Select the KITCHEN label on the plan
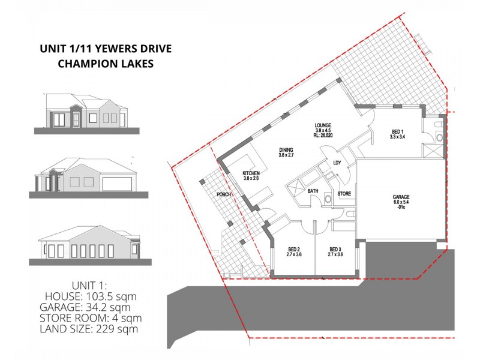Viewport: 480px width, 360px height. pos(251,173)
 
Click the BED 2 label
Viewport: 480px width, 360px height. pos(293,250)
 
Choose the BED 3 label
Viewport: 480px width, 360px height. pos(334,250)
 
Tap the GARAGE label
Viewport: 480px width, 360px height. pos(401,197)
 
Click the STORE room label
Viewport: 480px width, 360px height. pos(344,194)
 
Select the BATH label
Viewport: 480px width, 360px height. pos(313,191)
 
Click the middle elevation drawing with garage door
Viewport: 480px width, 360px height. pos(86,176)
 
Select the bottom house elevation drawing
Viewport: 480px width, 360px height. pos(86,245)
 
